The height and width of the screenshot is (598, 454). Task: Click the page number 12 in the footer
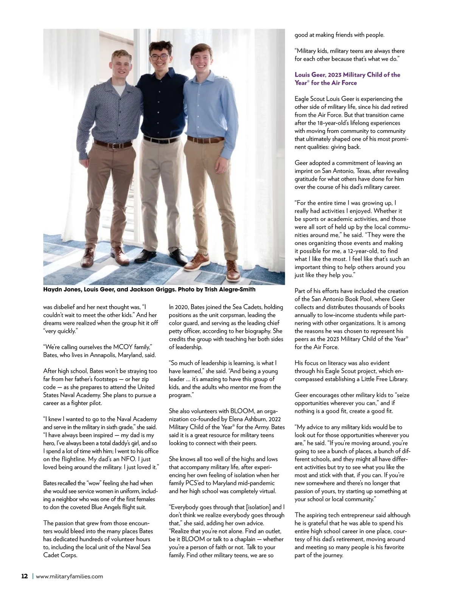(x=24, y=576)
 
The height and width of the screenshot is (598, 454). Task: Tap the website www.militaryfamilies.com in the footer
(x=69, y=576)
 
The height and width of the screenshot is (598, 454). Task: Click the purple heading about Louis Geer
(x=347, y=79)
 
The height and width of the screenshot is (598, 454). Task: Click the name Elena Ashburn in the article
(x=253, y=419)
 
